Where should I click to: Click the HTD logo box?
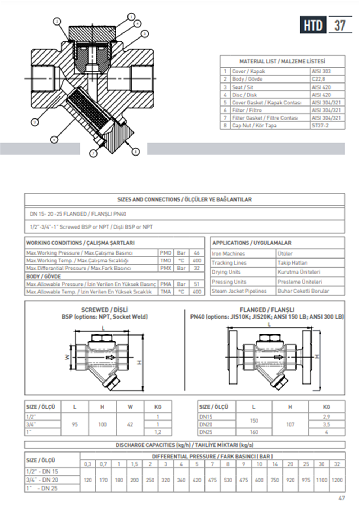click(313, 25)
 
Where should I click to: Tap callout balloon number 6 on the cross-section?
click(54, 139)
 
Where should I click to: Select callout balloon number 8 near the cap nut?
click(135, 152)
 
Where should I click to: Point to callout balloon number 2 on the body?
click(35, 122)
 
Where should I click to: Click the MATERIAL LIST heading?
click(282, 62)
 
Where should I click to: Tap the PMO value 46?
click(197, 253)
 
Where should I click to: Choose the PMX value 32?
click(197, 268)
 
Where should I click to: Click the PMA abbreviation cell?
click(166, 284)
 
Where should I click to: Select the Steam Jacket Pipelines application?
click(239, 291)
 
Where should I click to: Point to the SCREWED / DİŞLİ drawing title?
click(104, 310)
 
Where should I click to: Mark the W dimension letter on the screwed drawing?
click(67, 357)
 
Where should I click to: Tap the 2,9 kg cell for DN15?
click(327, 417)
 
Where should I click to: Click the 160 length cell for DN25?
click(253, 432)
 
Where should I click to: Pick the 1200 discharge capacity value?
click(337, 480)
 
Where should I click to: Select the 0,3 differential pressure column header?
click(87, 464)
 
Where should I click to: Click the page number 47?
click(342, 498)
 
